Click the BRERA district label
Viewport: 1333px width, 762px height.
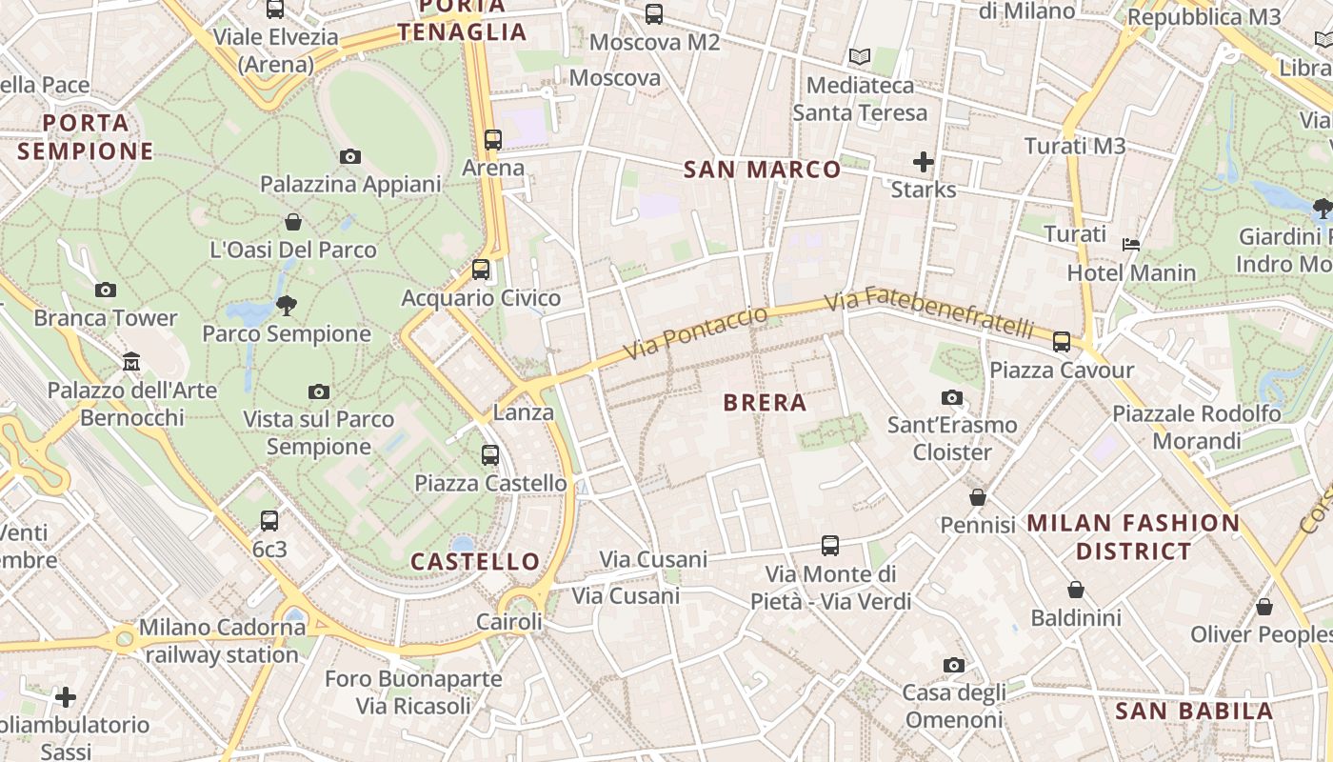765,403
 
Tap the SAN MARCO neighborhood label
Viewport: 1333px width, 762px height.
763,170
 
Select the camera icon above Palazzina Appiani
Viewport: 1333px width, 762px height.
350,156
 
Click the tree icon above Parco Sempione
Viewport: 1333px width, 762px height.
286,306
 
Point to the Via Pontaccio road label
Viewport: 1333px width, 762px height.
696,333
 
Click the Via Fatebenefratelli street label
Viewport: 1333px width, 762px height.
928,312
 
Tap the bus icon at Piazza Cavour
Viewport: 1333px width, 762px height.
1062,341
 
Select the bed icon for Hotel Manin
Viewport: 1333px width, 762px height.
1130,245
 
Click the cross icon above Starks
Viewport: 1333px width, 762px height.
923,161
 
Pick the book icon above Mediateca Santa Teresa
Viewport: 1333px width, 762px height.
860,57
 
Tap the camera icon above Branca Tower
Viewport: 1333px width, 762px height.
106,290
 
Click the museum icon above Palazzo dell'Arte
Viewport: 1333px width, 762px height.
131,362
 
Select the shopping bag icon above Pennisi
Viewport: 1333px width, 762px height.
978,497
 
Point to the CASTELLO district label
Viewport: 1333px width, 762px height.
475,562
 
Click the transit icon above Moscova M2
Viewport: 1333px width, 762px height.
654,14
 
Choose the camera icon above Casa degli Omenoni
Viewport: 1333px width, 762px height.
954,665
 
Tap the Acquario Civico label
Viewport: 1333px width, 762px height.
481,298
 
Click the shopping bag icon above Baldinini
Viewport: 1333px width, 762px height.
1076,591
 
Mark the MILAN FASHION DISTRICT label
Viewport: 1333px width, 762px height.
1133,537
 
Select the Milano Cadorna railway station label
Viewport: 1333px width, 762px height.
222,641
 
